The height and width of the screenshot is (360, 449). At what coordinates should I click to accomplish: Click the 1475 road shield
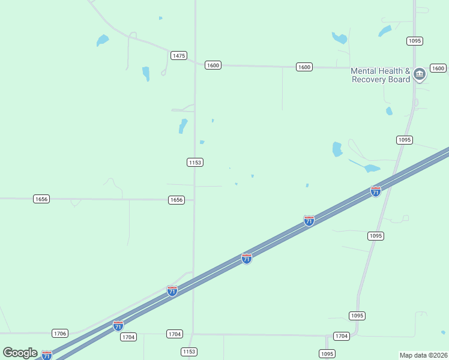tap(178, 55)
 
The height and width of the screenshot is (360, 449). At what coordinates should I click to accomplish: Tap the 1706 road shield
tap(60, 333)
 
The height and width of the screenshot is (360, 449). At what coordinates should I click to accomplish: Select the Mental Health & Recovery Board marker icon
tap(420, 74)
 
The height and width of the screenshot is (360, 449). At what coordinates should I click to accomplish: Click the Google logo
tap(20, 353)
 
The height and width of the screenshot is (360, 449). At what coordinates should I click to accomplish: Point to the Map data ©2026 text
tap(424, 355)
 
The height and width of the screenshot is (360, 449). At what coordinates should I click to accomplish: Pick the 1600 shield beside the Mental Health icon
tap(438, 68)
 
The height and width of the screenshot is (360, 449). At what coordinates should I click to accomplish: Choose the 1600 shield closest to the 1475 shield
tap(212, 65)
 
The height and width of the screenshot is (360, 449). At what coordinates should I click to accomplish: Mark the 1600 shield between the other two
tap(304, 67)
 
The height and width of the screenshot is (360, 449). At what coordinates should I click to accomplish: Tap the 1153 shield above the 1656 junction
tap(194, 162)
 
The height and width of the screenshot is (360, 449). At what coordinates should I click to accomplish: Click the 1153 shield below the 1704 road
tap(189, 352)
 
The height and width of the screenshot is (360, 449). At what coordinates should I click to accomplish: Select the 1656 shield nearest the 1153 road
tap(176, 199)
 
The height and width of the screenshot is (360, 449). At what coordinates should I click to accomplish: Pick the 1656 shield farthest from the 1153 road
tap(41, 199)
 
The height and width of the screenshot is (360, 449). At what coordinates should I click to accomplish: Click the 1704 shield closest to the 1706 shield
tap(128, 337)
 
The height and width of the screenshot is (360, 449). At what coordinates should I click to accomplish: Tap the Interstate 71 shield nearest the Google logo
tap(47, 355)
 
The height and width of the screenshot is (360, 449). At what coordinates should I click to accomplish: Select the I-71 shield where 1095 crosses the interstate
tap(376, 191)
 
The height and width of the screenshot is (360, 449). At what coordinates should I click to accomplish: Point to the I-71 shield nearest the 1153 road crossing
tap(172, 291)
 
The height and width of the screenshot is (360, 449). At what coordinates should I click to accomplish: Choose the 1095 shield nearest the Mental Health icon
tap(414, 41)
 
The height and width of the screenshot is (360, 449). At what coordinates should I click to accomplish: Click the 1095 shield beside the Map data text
tap(327, 353)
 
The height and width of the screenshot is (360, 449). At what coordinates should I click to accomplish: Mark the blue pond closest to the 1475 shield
tap(145, 74)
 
